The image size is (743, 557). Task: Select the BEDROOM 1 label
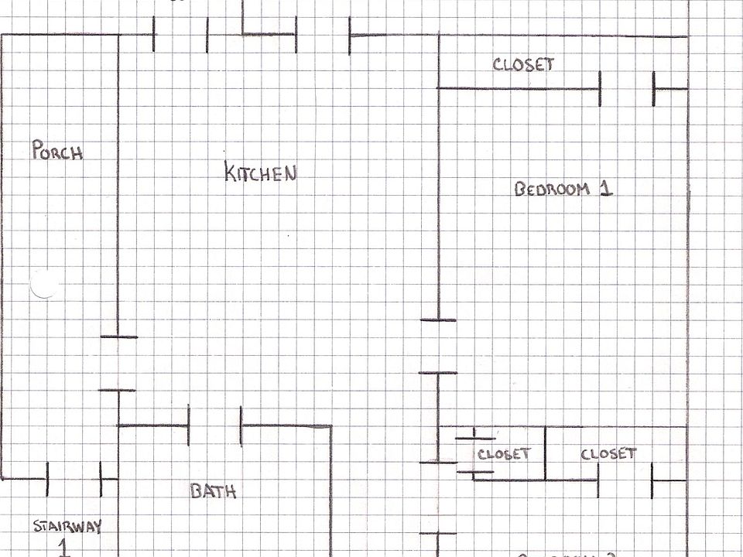click(563, 188)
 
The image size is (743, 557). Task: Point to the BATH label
click(213, 490)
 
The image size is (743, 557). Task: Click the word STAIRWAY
click(67, 527)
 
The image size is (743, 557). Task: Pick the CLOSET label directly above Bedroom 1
click(523, 64)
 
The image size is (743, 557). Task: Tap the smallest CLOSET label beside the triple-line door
click(504, 454)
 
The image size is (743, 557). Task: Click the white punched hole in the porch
click(44, 285)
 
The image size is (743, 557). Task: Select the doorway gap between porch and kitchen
click(118, 364)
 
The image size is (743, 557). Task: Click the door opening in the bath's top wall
click(214, 425)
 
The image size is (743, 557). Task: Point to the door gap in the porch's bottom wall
click(74, 479)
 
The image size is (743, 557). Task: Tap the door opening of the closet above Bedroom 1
click(627, 89)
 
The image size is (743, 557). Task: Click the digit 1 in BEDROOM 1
click(606, 188)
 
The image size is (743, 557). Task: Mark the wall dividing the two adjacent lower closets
click(545, 453)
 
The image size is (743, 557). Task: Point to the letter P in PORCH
click(37, 149)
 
